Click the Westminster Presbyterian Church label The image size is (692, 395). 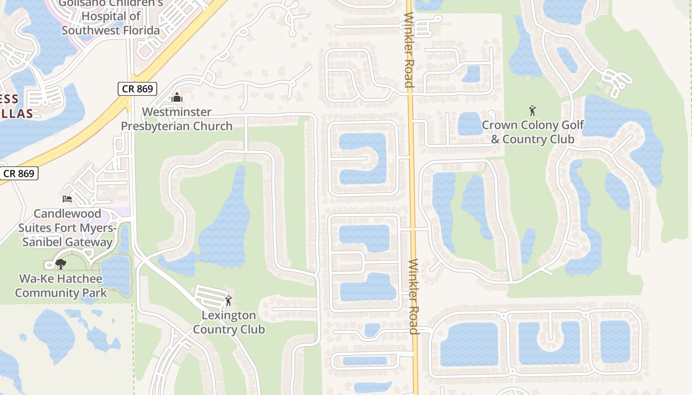point(176,119)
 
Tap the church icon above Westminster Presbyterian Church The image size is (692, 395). point(177,97)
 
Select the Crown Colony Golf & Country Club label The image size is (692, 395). point(533,132)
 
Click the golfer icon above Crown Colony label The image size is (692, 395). point(532,110)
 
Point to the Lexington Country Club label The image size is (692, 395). point(229,322)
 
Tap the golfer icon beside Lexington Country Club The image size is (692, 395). point(228,300)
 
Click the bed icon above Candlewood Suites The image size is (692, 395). point(67,199)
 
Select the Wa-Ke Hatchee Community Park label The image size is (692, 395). point(61,285)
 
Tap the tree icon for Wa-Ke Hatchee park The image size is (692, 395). point(61,264)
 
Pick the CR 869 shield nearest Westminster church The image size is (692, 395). point(138,89)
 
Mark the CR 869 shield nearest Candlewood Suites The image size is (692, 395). point(19,173)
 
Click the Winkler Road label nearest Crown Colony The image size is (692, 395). point(409,49)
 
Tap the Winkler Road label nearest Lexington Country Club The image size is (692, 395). point(414,296)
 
